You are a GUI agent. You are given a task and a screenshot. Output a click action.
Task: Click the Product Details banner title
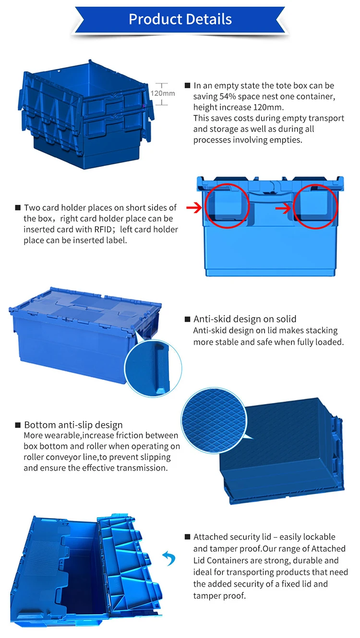tap(180, 19)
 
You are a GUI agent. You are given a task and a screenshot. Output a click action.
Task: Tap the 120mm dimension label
tap(163, 93)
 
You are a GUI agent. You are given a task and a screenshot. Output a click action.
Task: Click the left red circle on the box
tap(227, 206)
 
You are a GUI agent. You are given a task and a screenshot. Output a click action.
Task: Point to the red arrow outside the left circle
tap(194, 208)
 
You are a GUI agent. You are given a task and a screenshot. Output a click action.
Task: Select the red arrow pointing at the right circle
tap(283, 209)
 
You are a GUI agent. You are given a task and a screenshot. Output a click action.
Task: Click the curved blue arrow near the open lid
tap(168, 558)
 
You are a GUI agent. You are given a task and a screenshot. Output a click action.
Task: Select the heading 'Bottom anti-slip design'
tap(73, 425)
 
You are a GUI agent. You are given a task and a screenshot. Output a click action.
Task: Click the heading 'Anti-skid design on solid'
tap(245, 319)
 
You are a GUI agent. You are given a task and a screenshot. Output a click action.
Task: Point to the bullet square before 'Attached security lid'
tap(188, 537)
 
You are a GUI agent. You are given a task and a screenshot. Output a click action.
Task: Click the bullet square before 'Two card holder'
tap(18, 208)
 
